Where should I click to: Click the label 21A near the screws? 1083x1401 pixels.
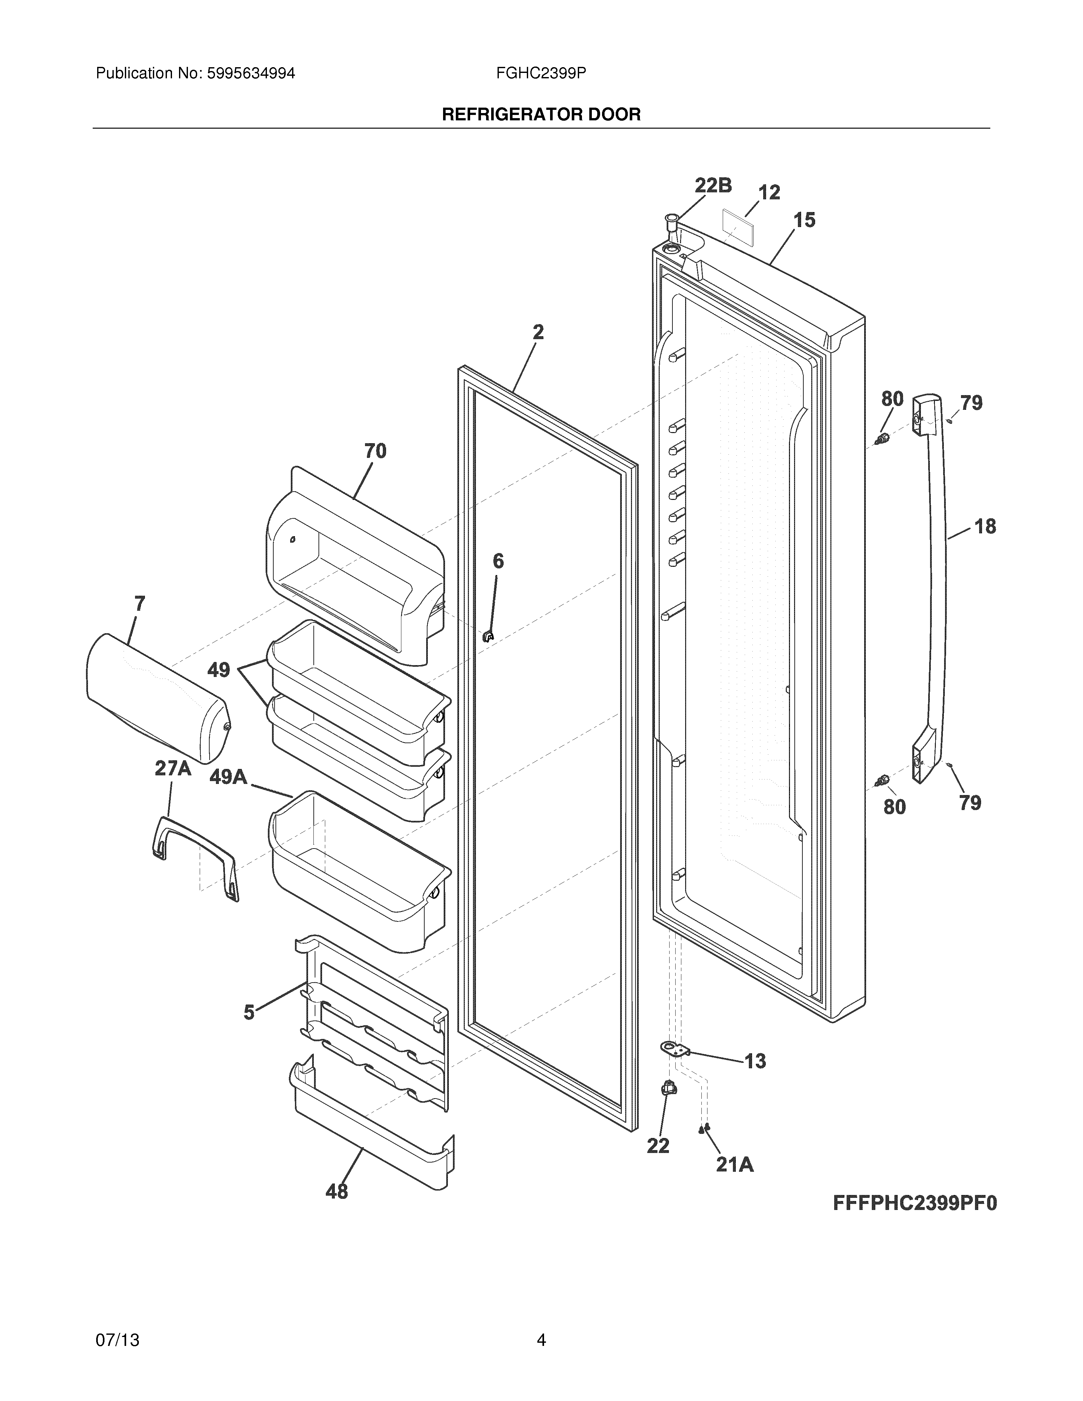point(735,1164)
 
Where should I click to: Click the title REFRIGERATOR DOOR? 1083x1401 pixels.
point(541,115)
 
